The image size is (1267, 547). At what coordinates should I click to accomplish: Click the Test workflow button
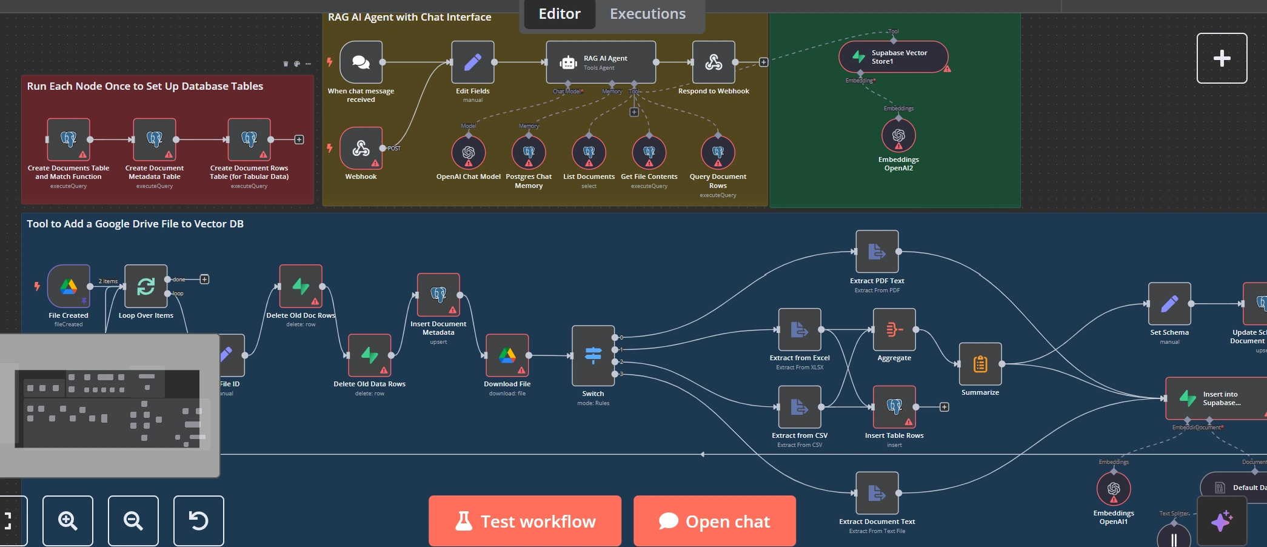pos(525,521)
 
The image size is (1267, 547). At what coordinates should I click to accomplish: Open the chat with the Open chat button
pos(714,521)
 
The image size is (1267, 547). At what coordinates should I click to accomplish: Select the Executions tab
pos(647,14)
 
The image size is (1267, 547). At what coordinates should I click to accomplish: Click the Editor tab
pos(559,14)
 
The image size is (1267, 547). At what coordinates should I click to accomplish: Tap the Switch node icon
pos(593,355)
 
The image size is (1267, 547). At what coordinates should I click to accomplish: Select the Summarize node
pos(980,364)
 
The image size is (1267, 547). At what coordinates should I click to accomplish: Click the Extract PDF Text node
pos(877,252)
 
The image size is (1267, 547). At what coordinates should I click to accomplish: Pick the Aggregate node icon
pos(894,329)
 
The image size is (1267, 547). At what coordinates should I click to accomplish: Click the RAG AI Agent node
pos(600,62)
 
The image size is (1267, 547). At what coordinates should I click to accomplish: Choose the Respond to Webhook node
pos(714,62)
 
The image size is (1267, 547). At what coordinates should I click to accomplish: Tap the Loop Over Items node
pos(145,286)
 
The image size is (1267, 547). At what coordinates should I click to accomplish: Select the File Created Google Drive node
pos(69,286)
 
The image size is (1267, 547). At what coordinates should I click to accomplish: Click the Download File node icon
pos(507,355)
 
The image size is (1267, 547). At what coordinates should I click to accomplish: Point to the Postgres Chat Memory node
pos(529,152)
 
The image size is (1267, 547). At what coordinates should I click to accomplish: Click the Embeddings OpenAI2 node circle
pos(898,135)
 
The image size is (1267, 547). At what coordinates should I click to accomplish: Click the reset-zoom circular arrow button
pos(198,520)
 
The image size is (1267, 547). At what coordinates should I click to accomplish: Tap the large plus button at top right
pos(1222,58)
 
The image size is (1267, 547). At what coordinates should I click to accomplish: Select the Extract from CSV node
pos(800,407)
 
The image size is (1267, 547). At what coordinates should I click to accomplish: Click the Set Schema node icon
pos(1169,304)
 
